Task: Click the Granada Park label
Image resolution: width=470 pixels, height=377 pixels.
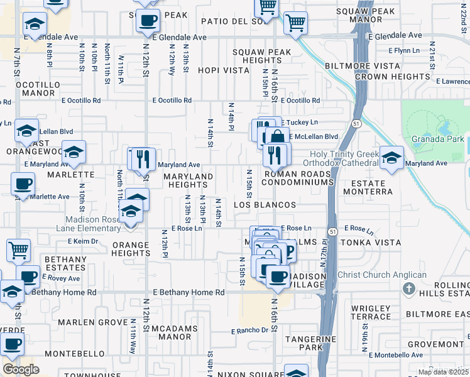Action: [437, 139]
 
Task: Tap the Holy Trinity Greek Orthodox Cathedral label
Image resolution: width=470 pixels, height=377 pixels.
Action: [344, 159]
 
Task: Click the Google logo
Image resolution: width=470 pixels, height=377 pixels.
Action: [21, 369]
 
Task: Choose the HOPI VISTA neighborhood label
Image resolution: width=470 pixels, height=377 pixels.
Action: [224, 70]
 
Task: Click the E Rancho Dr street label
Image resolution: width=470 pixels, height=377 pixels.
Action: [249, 331]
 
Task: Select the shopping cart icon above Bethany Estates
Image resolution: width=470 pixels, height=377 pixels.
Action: [18, 250]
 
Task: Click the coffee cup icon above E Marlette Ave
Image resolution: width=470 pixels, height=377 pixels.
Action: [23, 184]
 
